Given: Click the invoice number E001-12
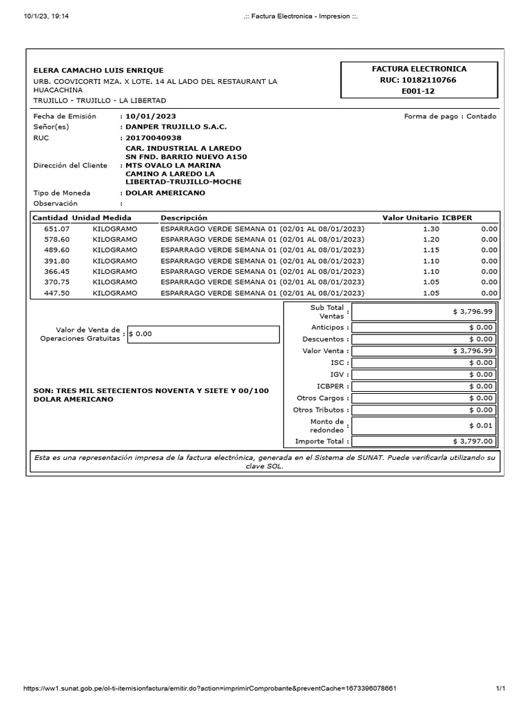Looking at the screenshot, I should [418, 91].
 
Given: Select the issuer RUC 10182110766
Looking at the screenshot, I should [418, 80].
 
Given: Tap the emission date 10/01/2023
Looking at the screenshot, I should [149, 116].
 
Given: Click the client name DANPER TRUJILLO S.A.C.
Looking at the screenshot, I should [176, 127].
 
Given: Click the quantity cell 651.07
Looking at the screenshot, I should [56, 229].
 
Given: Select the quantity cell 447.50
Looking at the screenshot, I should [56, 293].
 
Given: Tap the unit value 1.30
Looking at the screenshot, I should [431, 229].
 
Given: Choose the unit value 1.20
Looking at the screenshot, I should [431, 239].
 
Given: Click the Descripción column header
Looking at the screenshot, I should [184, 218].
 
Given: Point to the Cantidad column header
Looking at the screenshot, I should [50, 218].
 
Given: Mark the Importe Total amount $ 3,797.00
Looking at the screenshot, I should [423, 441].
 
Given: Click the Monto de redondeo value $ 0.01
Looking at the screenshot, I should [423, 425].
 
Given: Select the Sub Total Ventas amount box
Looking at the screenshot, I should [423, 312].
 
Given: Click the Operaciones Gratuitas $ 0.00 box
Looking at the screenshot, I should [203, 334].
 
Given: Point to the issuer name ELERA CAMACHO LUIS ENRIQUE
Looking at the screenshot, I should [98, 70].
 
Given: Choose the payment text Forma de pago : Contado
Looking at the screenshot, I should [450, 116].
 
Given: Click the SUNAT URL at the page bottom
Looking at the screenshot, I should [209, 688].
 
